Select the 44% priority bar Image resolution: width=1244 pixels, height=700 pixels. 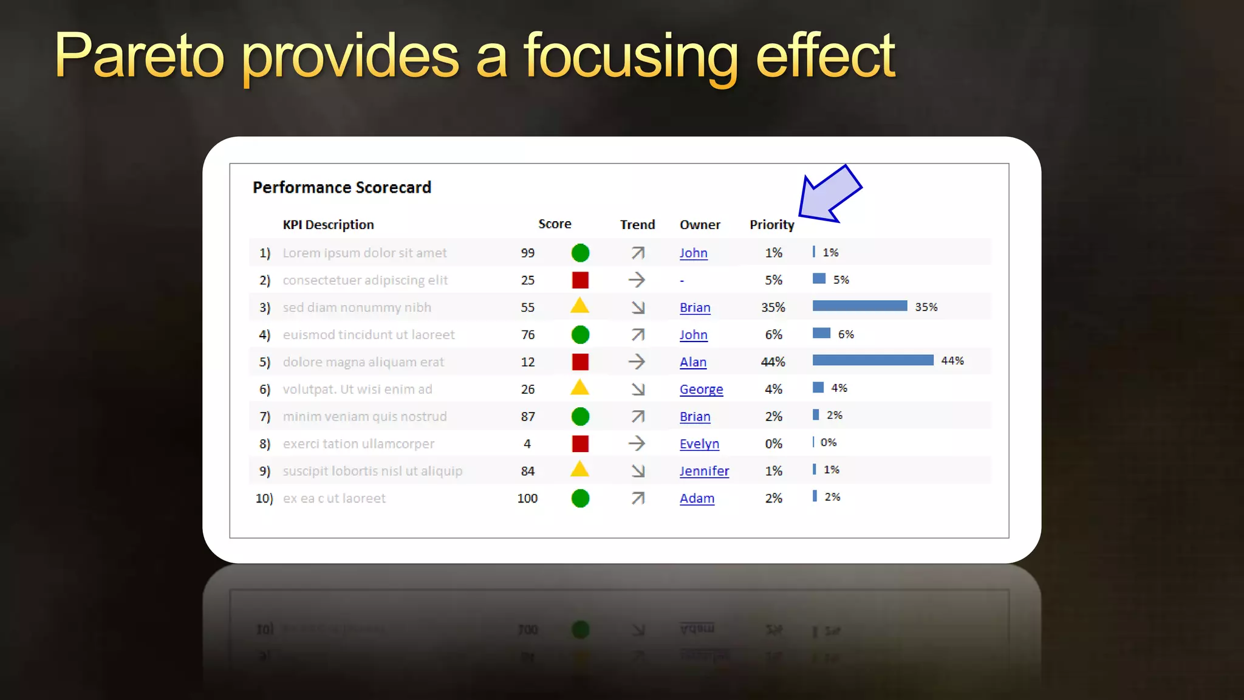[872, 360]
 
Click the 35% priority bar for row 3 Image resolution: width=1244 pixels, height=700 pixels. [860, 306]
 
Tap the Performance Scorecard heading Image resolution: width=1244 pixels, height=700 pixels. [341, 187]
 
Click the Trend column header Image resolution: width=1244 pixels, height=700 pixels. [637, 225]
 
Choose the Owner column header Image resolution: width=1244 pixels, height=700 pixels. [700, 225]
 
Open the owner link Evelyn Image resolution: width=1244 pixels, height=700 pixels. [699, 444]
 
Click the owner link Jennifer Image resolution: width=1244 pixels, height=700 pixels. [704, 471]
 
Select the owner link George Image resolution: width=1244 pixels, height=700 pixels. [701, 389]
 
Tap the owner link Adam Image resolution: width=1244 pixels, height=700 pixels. [697, 498]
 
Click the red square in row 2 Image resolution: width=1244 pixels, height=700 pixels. [580, 280]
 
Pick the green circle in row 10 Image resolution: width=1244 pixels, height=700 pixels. [580, 498]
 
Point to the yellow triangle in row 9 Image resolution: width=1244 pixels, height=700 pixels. [579, 470]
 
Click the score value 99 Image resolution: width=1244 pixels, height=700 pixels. [527, 253]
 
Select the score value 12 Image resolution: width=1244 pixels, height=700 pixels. [527, 362]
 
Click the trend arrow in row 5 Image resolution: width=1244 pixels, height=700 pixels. [637, 362]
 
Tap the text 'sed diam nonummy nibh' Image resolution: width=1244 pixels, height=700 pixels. [357, 307]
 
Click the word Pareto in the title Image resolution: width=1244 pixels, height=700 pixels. [139, 56]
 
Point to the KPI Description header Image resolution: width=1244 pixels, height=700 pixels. [328, 225]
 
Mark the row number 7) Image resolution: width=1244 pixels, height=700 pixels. [265, 417]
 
